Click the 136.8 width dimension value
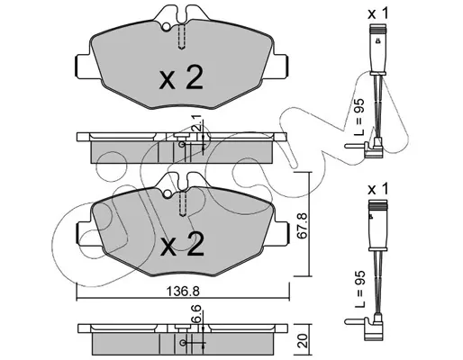(183, 291)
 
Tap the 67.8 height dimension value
(302, 226)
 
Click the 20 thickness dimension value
(304, 341)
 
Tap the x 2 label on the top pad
(181, 77)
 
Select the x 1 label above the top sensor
(378, 13)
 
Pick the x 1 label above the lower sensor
(378, 190)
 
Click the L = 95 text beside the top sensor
(359, 117)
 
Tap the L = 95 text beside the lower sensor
(359, 289)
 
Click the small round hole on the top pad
(166, 27)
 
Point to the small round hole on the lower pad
(167, 193)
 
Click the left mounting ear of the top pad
(85, 67)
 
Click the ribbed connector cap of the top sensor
(378, 30)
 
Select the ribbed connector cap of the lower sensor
(378, 205)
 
